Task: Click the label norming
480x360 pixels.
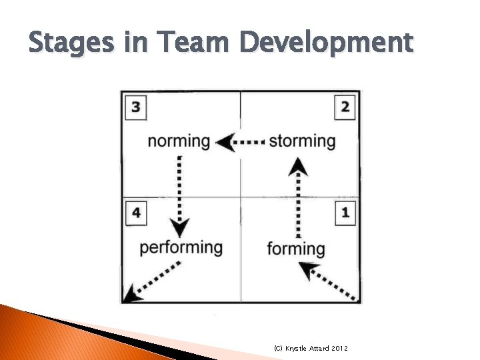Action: pyautogui.click(x=178, y=141)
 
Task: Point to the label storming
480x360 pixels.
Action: pyautogui.click(x=302, y=141)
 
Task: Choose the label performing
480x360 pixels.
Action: pyautogui.click(x=181, y=248)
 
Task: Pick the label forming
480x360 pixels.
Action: pyautogui.click(x=296, y=249)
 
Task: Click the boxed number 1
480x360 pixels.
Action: pyautogui.click(x=345, y=213)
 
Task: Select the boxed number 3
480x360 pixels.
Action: pyautogui.click(x=136, y=107)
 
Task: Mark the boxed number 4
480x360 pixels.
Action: pyautogui.click(x=136, y=213)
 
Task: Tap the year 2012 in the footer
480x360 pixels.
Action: pyautogui.click(x=338, y=349)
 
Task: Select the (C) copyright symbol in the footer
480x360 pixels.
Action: pyautogui.click(x=278, y=349)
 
